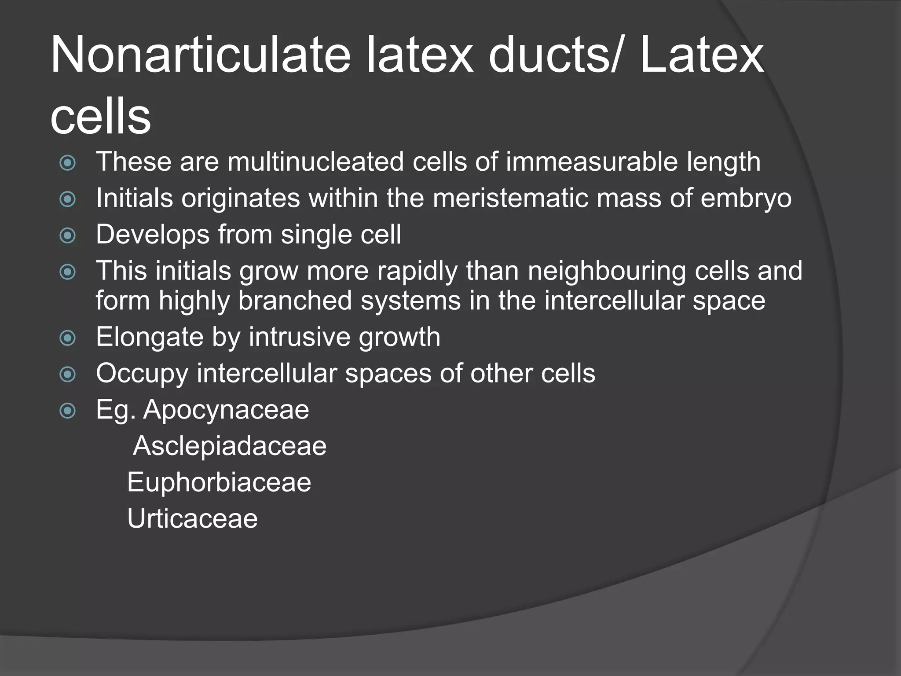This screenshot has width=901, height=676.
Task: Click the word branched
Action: (x=295, y=301)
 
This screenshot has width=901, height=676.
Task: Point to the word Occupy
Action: (x=142, y=374)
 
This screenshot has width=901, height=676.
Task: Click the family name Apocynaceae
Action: (x=226, y=410)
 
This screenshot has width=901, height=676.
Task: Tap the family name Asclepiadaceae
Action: (x=230, y=446)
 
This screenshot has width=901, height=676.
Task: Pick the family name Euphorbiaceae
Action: (x=219, y=482)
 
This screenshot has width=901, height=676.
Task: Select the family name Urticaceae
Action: (x=192, y=518)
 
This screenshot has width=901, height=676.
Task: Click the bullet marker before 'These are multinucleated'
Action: (x=68, y=163)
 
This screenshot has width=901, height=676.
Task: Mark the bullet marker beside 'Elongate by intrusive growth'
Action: (x=68, y=338)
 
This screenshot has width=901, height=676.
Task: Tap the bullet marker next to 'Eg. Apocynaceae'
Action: (x=68, y=411)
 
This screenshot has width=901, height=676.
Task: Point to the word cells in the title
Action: (x=101, y=117)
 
